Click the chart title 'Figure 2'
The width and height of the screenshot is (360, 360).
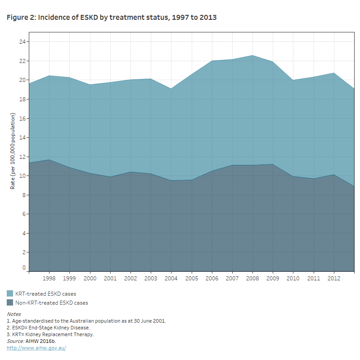(112, 18)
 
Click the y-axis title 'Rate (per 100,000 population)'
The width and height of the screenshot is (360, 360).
(13, 151)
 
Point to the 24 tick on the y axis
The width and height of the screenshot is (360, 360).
(22, 42)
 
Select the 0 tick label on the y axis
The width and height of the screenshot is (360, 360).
(24, 268)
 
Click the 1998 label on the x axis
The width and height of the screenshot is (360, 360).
(49, 279)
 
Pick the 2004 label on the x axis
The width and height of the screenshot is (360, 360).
(171, 279)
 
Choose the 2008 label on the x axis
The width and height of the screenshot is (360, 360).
(252, 279)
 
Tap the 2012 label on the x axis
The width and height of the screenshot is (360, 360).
(334, 279)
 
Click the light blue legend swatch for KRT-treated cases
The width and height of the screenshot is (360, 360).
(10, 294)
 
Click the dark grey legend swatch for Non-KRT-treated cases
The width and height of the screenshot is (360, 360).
(10, 303)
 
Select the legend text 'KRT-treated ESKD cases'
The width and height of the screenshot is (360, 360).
(45, 294)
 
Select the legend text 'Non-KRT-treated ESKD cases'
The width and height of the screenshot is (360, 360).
(52, 303)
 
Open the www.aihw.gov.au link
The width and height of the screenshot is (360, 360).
(36, 348)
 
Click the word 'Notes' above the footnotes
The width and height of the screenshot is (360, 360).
(13, 314)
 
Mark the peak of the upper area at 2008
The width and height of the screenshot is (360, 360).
(252, 55)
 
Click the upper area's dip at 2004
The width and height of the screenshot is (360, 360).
(171, 89)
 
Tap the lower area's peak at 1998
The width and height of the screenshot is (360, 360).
(49, 160)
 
